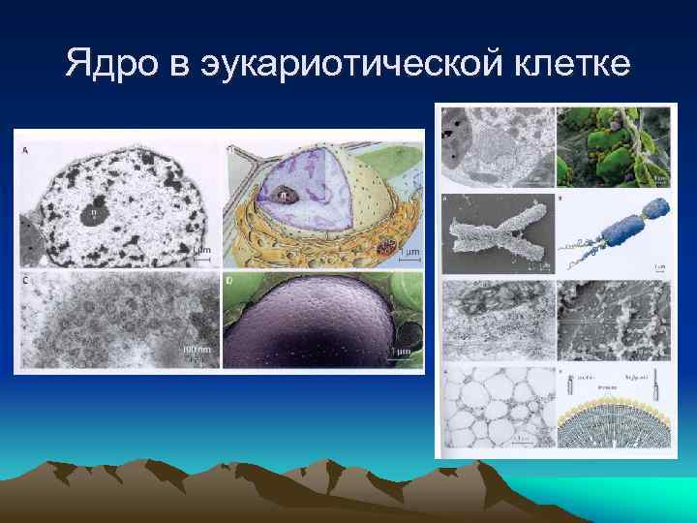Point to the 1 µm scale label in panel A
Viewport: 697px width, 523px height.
pos(202,251)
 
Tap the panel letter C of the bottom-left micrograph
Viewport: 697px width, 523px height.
pos(23,281)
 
